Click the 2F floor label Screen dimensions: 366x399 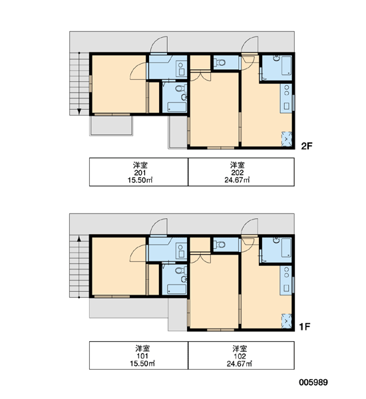click(x=307, y=146)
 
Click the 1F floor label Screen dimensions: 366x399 click(x=305, y=327)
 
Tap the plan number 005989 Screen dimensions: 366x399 click(x=313, y=382)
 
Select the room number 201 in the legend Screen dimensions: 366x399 click(x=140, y=172)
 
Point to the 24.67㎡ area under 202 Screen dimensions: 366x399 click(x=237, y=180)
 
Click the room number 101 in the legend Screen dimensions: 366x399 click(x=142, y=356)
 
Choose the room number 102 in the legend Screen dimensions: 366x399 click(x=240, y=356)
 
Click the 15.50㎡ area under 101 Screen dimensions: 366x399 click(x=142, y=363)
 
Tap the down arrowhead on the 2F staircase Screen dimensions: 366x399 click(x=79, y=111)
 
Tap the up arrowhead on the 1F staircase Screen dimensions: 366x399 click(x=79, y=239)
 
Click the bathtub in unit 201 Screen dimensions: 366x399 click(x=177, y=107)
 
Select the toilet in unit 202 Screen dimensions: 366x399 click(x=220, y=62)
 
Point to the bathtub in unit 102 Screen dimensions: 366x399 click(x=286, y=247)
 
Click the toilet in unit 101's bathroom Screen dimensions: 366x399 click(x=180, y=270)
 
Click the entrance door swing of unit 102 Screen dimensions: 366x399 click(x=250, y=227)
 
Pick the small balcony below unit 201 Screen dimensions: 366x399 click(x=111, y=126)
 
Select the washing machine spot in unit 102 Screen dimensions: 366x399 click(x=287, y=321)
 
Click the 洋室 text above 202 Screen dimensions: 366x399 click(x=237, y=165)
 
